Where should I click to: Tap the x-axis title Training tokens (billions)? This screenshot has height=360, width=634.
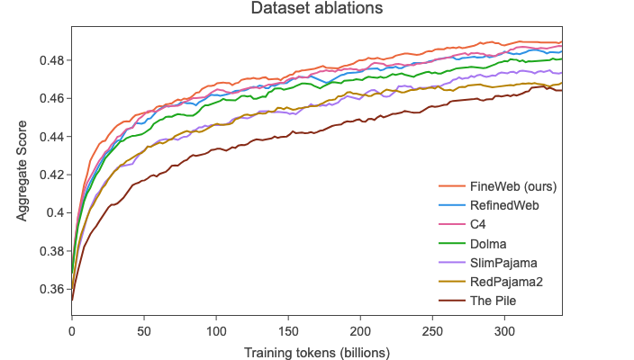[316, 352]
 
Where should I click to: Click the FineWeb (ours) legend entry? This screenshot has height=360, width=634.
[512, 186]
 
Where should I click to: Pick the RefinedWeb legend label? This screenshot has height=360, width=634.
[504, 205]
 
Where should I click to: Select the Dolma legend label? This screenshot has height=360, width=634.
[488, 243]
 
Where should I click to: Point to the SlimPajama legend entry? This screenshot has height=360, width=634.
[503, 262]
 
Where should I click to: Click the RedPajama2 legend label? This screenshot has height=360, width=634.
[506, 282]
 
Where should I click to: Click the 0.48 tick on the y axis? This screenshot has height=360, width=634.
[50, 60]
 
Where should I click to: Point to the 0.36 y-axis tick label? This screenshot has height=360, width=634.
[50, 290]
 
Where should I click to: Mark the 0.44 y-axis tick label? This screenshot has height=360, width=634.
[50, 137]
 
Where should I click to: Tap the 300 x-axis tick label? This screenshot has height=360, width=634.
[505, 331]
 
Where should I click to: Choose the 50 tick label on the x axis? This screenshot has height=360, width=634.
[144, 331]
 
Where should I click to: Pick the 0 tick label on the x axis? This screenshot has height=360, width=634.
[72, 331]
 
